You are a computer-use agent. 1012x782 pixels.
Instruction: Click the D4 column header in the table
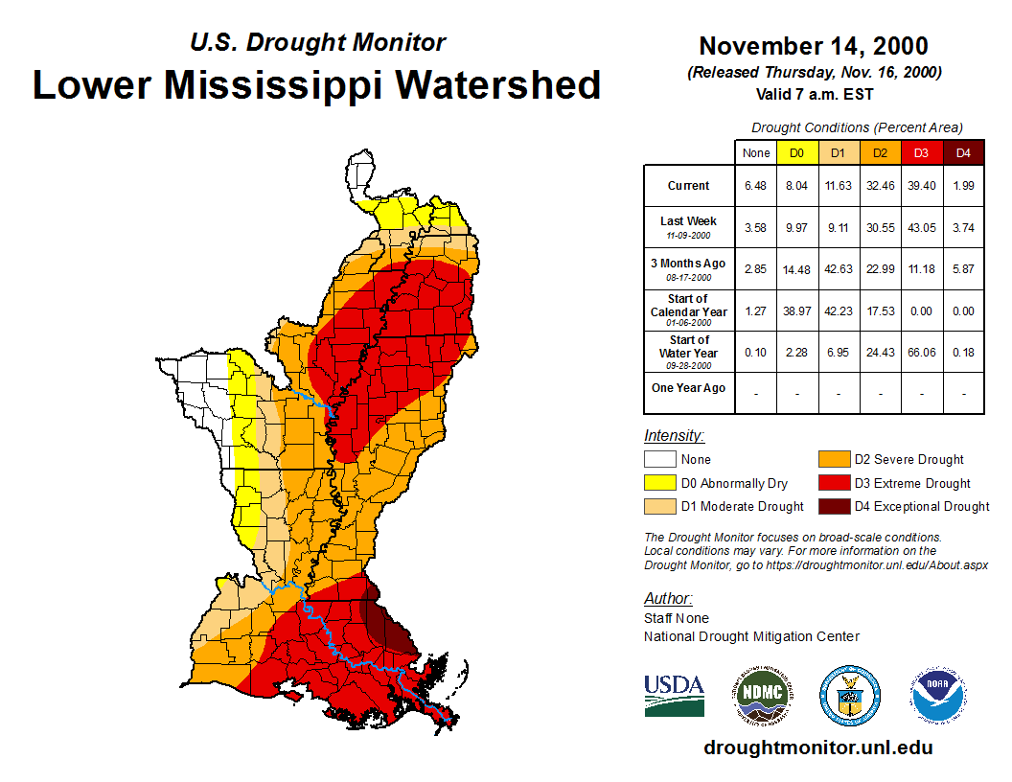pos(963,152)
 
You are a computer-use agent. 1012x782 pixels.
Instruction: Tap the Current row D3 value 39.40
pos(922,186)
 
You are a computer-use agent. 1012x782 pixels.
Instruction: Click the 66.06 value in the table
pos(922,353)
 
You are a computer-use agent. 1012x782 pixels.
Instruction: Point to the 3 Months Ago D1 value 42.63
pos(839,269)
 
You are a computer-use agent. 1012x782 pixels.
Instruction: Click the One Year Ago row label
pos(689,388)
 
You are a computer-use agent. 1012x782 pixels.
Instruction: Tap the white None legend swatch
pos(660,460)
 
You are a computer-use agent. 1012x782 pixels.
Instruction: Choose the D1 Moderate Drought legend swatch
pos(660,507)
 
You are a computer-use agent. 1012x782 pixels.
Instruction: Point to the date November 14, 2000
pos(813,46)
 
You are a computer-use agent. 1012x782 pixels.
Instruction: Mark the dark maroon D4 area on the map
pos(388,628)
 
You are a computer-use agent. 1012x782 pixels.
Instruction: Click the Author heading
pos(667,599)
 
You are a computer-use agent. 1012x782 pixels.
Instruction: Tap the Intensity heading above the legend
pos(674,436)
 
